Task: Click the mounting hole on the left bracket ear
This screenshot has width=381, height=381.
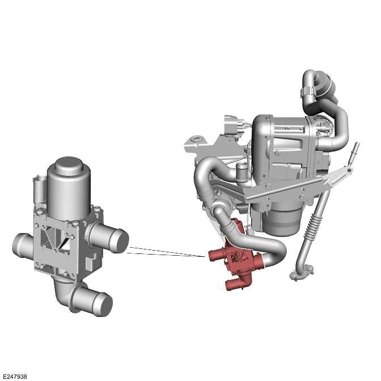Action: (x=196, y=138)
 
